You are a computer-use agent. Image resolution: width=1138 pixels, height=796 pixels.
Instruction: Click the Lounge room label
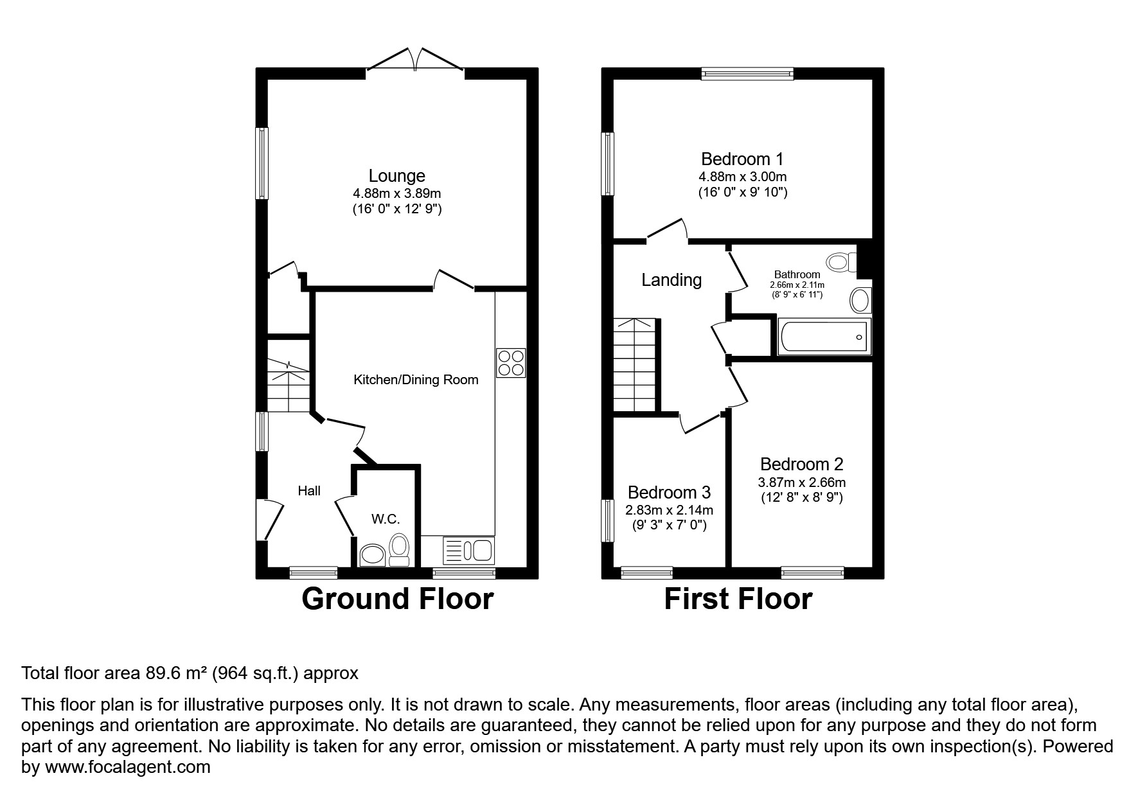point(396,175)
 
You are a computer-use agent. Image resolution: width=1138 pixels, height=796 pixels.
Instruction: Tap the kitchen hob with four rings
point(511,362)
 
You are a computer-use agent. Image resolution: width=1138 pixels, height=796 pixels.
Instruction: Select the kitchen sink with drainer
point(468,551)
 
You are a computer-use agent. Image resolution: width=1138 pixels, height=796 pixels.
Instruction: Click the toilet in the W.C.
point(399,550)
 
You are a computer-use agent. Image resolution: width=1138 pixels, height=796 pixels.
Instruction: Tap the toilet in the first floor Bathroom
point(841,261)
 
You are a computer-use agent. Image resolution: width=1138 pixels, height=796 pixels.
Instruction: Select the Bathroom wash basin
point(860,299)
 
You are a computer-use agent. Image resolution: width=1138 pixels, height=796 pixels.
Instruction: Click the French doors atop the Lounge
point(415,60)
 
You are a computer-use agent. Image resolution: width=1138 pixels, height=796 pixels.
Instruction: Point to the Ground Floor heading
point(397,599)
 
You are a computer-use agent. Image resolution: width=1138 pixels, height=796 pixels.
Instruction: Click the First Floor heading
point(738,599)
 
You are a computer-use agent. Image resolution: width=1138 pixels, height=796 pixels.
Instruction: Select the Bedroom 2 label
point(801,464)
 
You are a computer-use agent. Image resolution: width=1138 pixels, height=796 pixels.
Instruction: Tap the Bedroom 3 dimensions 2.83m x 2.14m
point(669,510)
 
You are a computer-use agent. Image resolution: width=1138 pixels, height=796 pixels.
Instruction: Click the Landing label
point(671,280)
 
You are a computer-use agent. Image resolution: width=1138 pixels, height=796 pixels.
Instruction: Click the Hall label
point(309,491)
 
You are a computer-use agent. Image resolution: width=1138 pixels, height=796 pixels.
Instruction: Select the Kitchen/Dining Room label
point(416,380)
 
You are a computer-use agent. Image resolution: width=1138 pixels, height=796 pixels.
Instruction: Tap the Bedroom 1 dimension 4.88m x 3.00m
point(742,177)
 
